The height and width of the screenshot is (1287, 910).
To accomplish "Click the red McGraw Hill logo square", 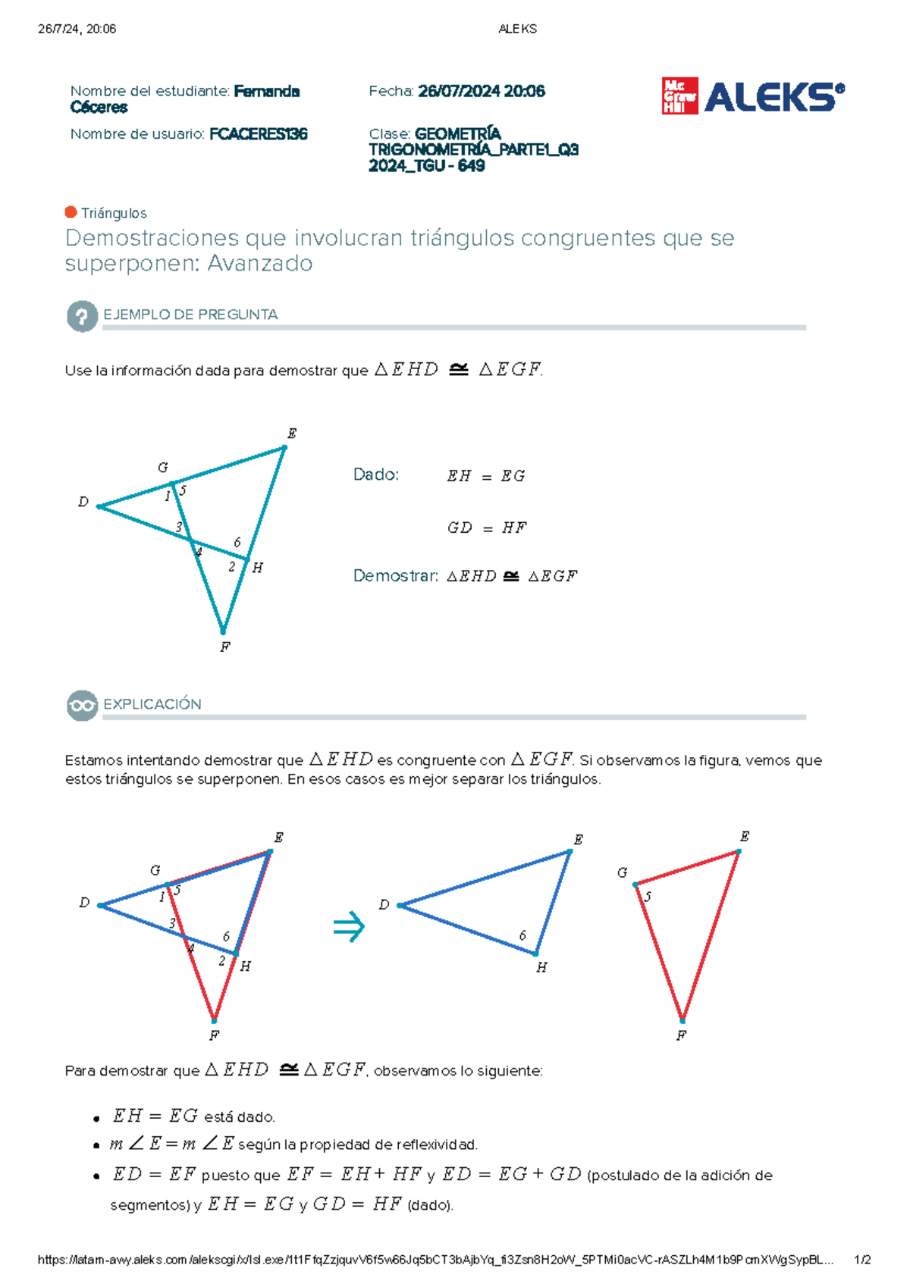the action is coord(679,96).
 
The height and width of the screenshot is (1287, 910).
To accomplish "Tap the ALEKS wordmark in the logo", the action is coord(773,96).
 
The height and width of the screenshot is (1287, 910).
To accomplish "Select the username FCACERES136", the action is coord(258,134).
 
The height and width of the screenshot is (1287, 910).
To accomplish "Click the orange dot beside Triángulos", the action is coord(71,212).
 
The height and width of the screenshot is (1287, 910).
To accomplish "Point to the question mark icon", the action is coord(82,316).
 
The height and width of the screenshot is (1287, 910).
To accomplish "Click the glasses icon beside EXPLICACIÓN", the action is coord(82,706).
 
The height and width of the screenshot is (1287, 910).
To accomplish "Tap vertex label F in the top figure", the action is coord(225,647).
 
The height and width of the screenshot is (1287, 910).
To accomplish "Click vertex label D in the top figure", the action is coord(83,502).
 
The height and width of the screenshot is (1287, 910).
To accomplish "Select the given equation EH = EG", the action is coord(486,476).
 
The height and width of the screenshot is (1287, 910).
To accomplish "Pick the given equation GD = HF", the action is coord(486,528).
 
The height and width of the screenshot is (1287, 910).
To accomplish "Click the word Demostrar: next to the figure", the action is coord(396,576).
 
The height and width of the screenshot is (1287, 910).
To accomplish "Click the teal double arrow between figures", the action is coord(349,926).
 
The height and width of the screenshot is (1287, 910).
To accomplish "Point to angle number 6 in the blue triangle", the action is coord(522,935).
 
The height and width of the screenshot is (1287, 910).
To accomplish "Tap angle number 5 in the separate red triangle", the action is coord(648,897).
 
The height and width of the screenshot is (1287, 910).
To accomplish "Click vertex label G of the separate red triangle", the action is coord(622,872).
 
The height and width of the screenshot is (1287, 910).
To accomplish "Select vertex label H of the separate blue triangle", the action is coord(541,968).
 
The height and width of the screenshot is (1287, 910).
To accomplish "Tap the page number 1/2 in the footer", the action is coord(863,1260).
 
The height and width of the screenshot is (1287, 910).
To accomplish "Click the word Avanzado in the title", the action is coord(260,263).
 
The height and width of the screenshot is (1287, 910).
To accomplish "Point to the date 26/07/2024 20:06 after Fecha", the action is coord(482,92).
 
